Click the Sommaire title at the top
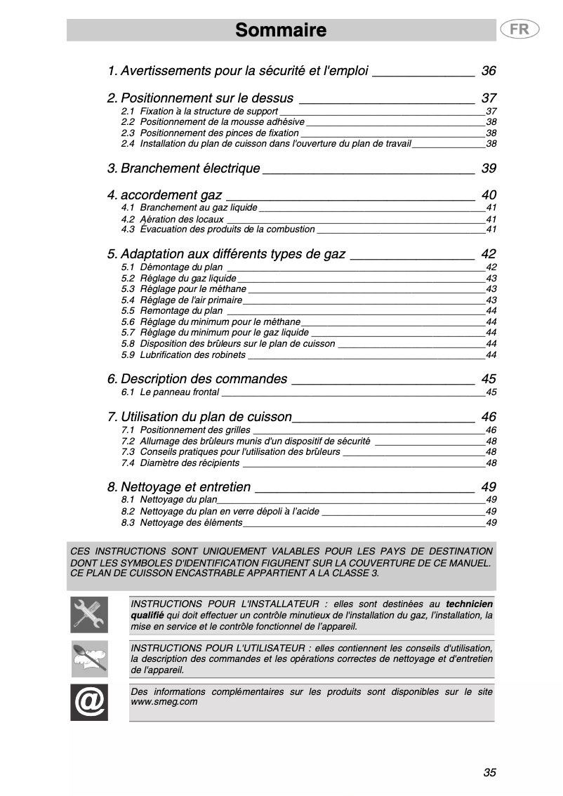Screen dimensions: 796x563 tap(281, 30)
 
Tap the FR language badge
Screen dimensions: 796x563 tap(519, 29)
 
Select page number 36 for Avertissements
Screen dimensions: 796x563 tap(489, 71)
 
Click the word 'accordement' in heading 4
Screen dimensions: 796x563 tap(171, 195)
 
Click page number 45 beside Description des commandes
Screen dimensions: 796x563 tap(489, 379)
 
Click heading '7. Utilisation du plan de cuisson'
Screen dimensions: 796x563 tap(199, 417)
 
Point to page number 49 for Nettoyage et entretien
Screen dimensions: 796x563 tap(489, 487)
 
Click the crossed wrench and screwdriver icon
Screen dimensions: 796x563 tap(89, 615)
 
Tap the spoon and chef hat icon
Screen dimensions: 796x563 tap(89, 658)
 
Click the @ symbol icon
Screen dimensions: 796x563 tap(89, 703)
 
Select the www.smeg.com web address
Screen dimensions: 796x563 tap(164, 701)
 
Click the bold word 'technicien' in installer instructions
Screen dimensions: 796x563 tap(469, 604)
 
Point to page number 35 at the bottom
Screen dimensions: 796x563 tap(489, 772)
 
